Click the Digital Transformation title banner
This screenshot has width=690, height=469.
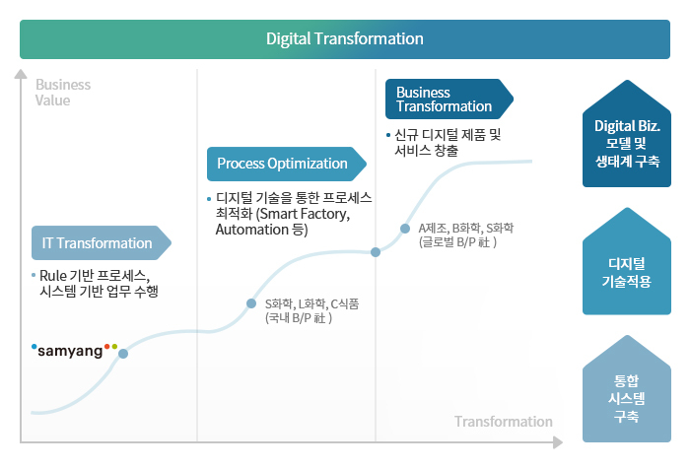click(x=345, y=39)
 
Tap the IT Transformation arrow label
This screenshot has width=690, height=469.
click(x=102, y=242)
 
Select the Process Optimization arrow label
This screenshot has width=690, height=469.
click(x=287, y=164)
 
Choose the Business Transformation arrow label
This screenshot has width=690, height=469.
click(x=449, y=99)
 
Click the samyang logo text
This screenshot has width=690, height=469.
click(x=70, y=351)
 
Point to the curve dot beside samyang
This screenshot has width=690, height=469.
click(x=123, y=354)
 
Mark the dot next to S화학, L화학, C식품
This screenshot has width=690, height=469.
click(x=251, y=303)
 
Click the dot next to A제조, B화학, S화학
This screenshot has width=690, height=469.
click(x=405, y=229)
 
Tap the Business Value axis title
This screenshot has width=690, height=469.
click(x=63, y=93)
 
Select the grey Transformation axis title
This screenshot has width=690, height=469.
click(x=504, y=422)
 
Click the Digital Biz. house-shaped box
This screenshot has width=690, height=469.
click(x=627, y=133)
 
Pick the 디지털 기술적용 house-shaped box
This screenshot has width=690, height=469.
click(x=627, y=261)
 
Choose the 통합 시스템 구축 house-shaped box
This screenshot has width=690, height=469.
click(x=627, y=388)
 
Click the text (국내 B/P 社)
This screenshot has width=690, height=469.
click(x=299, y=317)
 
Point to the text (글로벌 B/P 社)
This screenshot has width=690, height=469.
click(x=457, y=242)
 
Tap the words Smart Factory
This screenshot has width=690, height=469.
click(x=305, y=214)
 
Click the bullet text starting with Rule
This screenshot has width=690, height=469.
click(x=95, y=284)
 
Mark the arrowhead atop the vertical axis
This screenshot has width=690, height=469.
click(x=21, y=74)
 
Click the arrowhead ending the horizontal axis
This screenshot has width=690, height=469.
click(x=558, y=442)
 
